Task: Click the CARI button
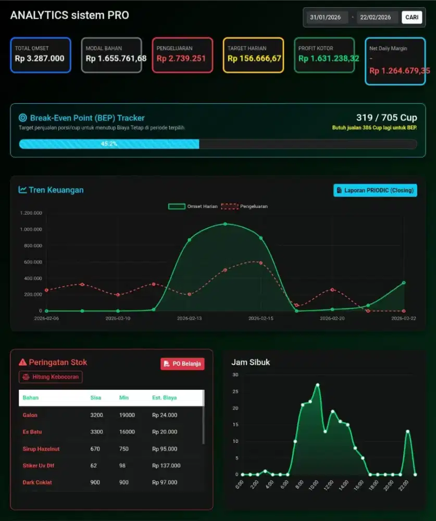tap(412, 17)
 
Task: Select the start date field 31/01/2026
tap(325, 17)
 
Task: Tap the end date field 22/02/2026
tap(376, 17)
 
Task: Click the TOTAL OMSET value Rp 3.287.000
tap(40, 58)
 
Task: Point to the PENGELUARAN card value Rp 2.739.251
tap(181, 58)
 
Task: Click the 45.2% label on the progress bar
tap(109, 144)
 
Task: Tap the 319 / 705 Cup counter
tap(387, 118)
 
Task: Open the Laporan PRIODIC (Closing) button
tap(375, 190)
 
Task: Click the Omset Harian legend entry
tap(193, 206)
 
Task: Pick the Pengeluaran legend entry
tap(244, 206)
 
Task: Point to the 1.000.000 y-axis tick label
tap(31, 229)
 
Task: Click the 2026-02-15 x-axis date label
tap(261, 318)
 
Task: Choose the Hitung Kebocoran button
tap(51, 377)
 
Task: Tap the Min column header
tap(123, 398)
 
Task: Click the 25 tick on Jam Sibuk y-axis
tap(235, 391)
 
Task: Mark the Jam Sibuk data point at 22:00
tap(408, 431)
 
